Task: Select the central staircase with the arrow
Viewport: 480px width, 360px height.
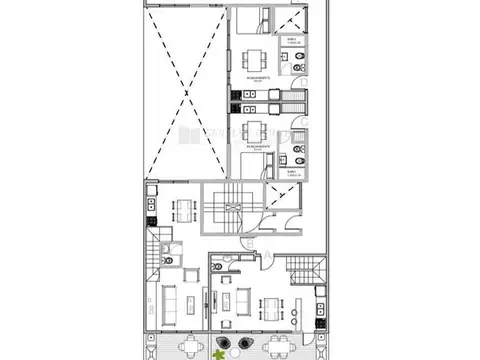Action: pos(225,207)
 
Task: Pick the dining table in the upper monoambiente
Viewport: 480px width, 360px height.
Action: pos(253,56)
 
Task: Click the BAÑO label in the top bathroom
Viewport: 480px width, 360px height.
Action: pos(291,41)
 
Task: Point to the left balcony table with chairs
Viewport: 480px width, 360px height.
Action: pos(186,346)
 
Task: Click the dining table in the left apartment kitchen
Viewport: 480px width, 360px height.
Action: pos(185,210)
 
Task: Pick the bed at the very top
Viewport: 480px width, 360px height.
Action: pos(251,20)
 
